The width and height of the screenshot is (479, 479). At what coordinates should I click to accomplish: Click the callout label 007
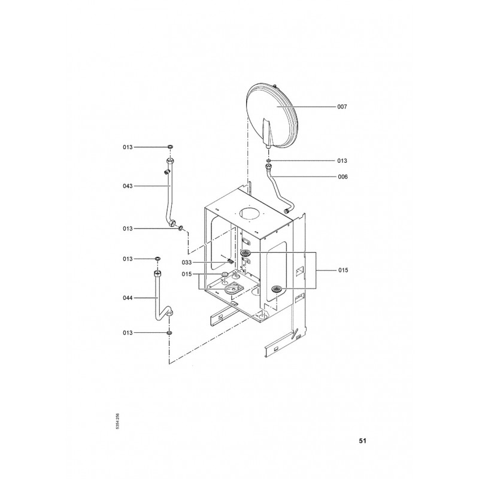point(342,107)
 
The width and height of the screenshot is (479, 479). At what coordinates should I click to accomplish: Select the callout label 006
point(342,177)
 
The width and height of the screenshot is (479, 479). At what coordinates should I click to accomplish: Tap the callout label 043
point(128,186)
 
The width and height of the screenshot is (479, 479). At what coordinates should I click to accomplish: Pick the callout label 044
point(128,298)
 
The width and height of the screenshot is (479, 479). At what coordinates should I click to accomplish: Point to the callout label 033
point(187,262)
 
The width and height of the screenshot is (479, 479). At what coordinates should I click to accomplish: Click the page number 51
point(362,441)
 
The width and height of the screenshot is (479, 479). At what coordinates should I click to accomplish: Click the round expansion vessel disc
point(272,116)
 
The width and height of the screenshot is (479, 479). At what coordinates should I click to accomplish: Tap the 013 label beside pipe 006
point(342,160)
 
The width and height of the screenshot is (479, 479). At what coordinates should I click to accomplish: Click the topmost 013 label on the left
point(128,147)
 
